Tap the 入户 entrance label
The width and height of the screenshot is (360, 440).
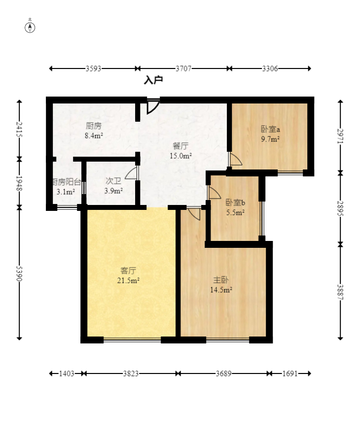[153, 80]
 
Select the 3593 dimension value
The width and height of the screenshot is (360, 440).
[93, 69]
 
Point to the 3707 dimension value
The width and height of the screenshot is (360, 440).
[183, 69]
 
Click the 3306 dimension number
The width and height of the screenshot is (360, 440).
[270, 69]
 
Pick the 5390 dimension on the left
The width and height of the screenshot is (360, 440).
[19, 273]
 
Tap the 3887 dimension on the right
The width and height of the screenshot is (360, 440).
[340, 292]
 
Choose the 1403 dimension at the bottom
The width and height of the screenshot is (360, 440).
[67, 374]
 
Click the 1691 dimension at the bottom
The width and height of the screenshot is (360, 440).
[290, 374]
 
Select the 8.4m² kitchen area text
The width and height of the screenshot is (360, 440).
[94, 136]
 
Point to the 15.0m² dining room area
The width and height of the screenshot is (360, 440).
[180, 156]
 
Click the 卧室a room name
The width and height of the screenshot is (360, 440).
[270, 130]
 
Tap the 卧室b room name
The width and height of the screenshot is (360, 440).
[235, 203]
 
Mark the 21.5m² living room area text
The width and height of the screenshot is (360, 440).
[128, 280]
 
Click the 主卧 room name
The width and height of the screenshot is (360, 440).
[221, 280]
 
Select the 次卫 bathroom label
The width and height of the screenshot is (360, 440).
[113, 181]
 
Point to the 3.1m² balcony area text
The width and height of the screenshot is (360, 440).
[66, 192]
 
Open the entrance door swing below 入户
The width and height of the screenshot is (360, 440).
[153, 106]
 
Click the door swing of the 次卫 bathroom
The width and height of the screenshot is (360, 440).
[131, 173]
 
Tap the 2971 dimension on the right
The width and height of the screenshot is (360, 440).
[340, 136]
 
